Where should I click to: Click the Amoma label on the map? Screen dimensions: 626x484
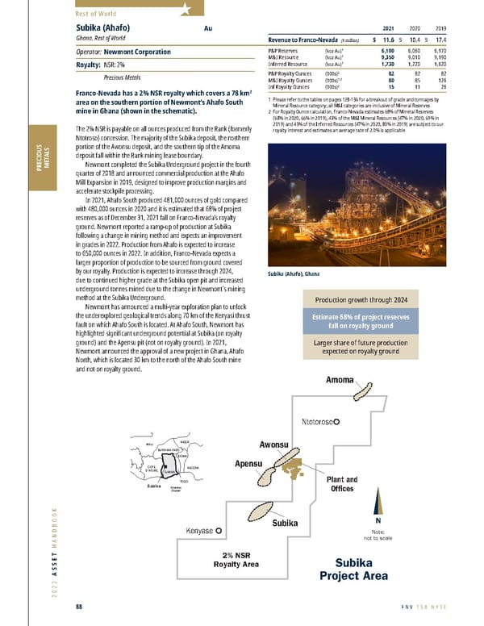pyautogui.click(x=342, y=380)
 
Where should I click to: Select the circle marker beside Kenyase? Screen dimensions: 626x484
pyautogui.click(x=219, y=530)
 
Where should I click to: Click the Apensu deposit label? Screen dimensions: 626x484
pyautogui.click(x=251, y=464)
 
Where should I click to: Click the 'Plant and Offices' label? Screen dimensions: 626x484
pyautogui.click(x=342, y=484)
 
